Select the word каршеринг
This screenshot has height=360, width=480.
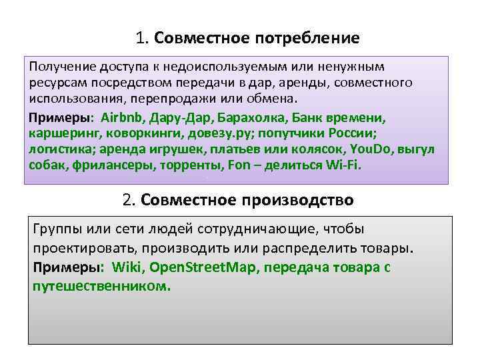pyautogui.click(x=59, y=133)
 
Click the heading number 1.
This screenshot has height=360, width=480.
pyautogui.click(x=141, y=38)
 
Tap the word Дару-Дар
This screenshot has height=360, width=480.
pyautogui.click(x=180, y=118)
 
